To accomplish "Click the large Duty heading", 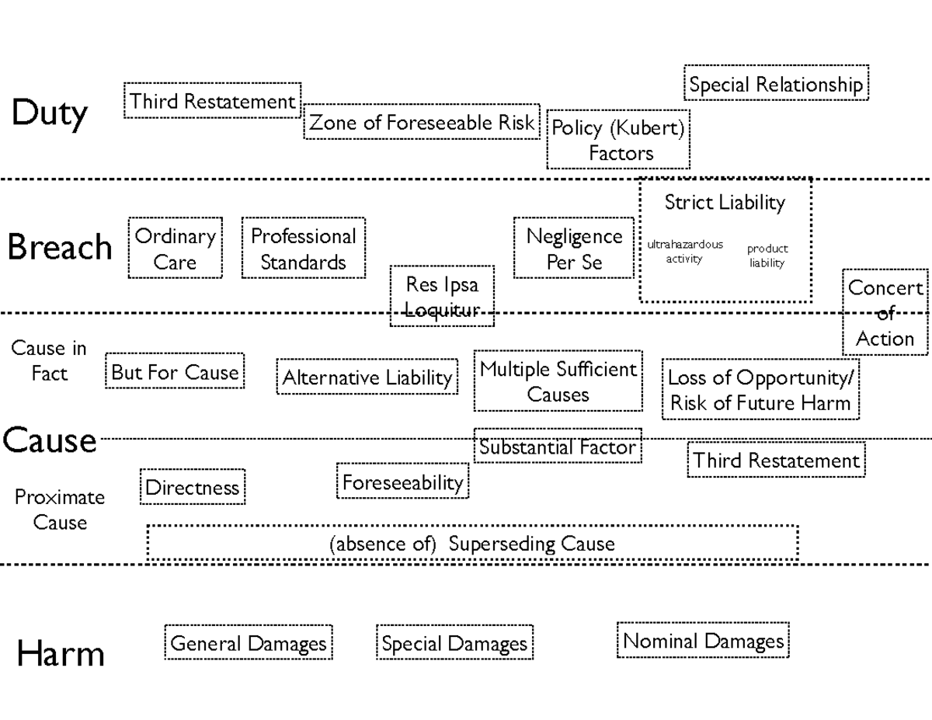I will tap(49, 113).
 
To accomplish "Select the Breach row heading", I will tap(60, 248).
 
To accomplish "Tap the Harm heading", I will tap(60, 653).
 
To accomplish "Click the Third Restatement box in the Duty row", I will tap(212, 101).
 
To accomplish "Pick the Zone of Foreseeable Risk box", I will tap(422, 123).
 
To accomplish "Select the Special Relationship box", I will tap(776, 84).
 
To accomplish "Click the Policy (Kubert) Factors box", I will tap(618, 140).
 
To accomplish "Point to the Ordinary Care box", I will tap(175, 249).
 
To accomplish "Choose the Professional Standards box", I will tap(303, 249).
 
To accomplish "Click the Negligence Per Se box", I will tap(574, 249).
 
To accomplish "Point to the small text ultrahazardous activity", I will tap(684, 252).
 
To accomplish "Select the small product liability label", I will tap(767, 256).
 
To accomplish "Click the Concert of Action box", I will tap(885, 313).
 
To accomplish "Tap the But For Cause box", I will tap(175, 372).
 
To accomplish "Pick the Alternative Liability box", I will tap(367, 378).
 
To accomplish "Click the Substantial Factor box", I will tap(558, 447).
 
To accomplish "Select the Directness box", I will tap(193, 488).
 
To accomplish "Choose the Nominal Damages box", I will tap(703, 642).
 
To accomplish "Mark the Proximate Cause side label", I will tap(59, 510).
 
